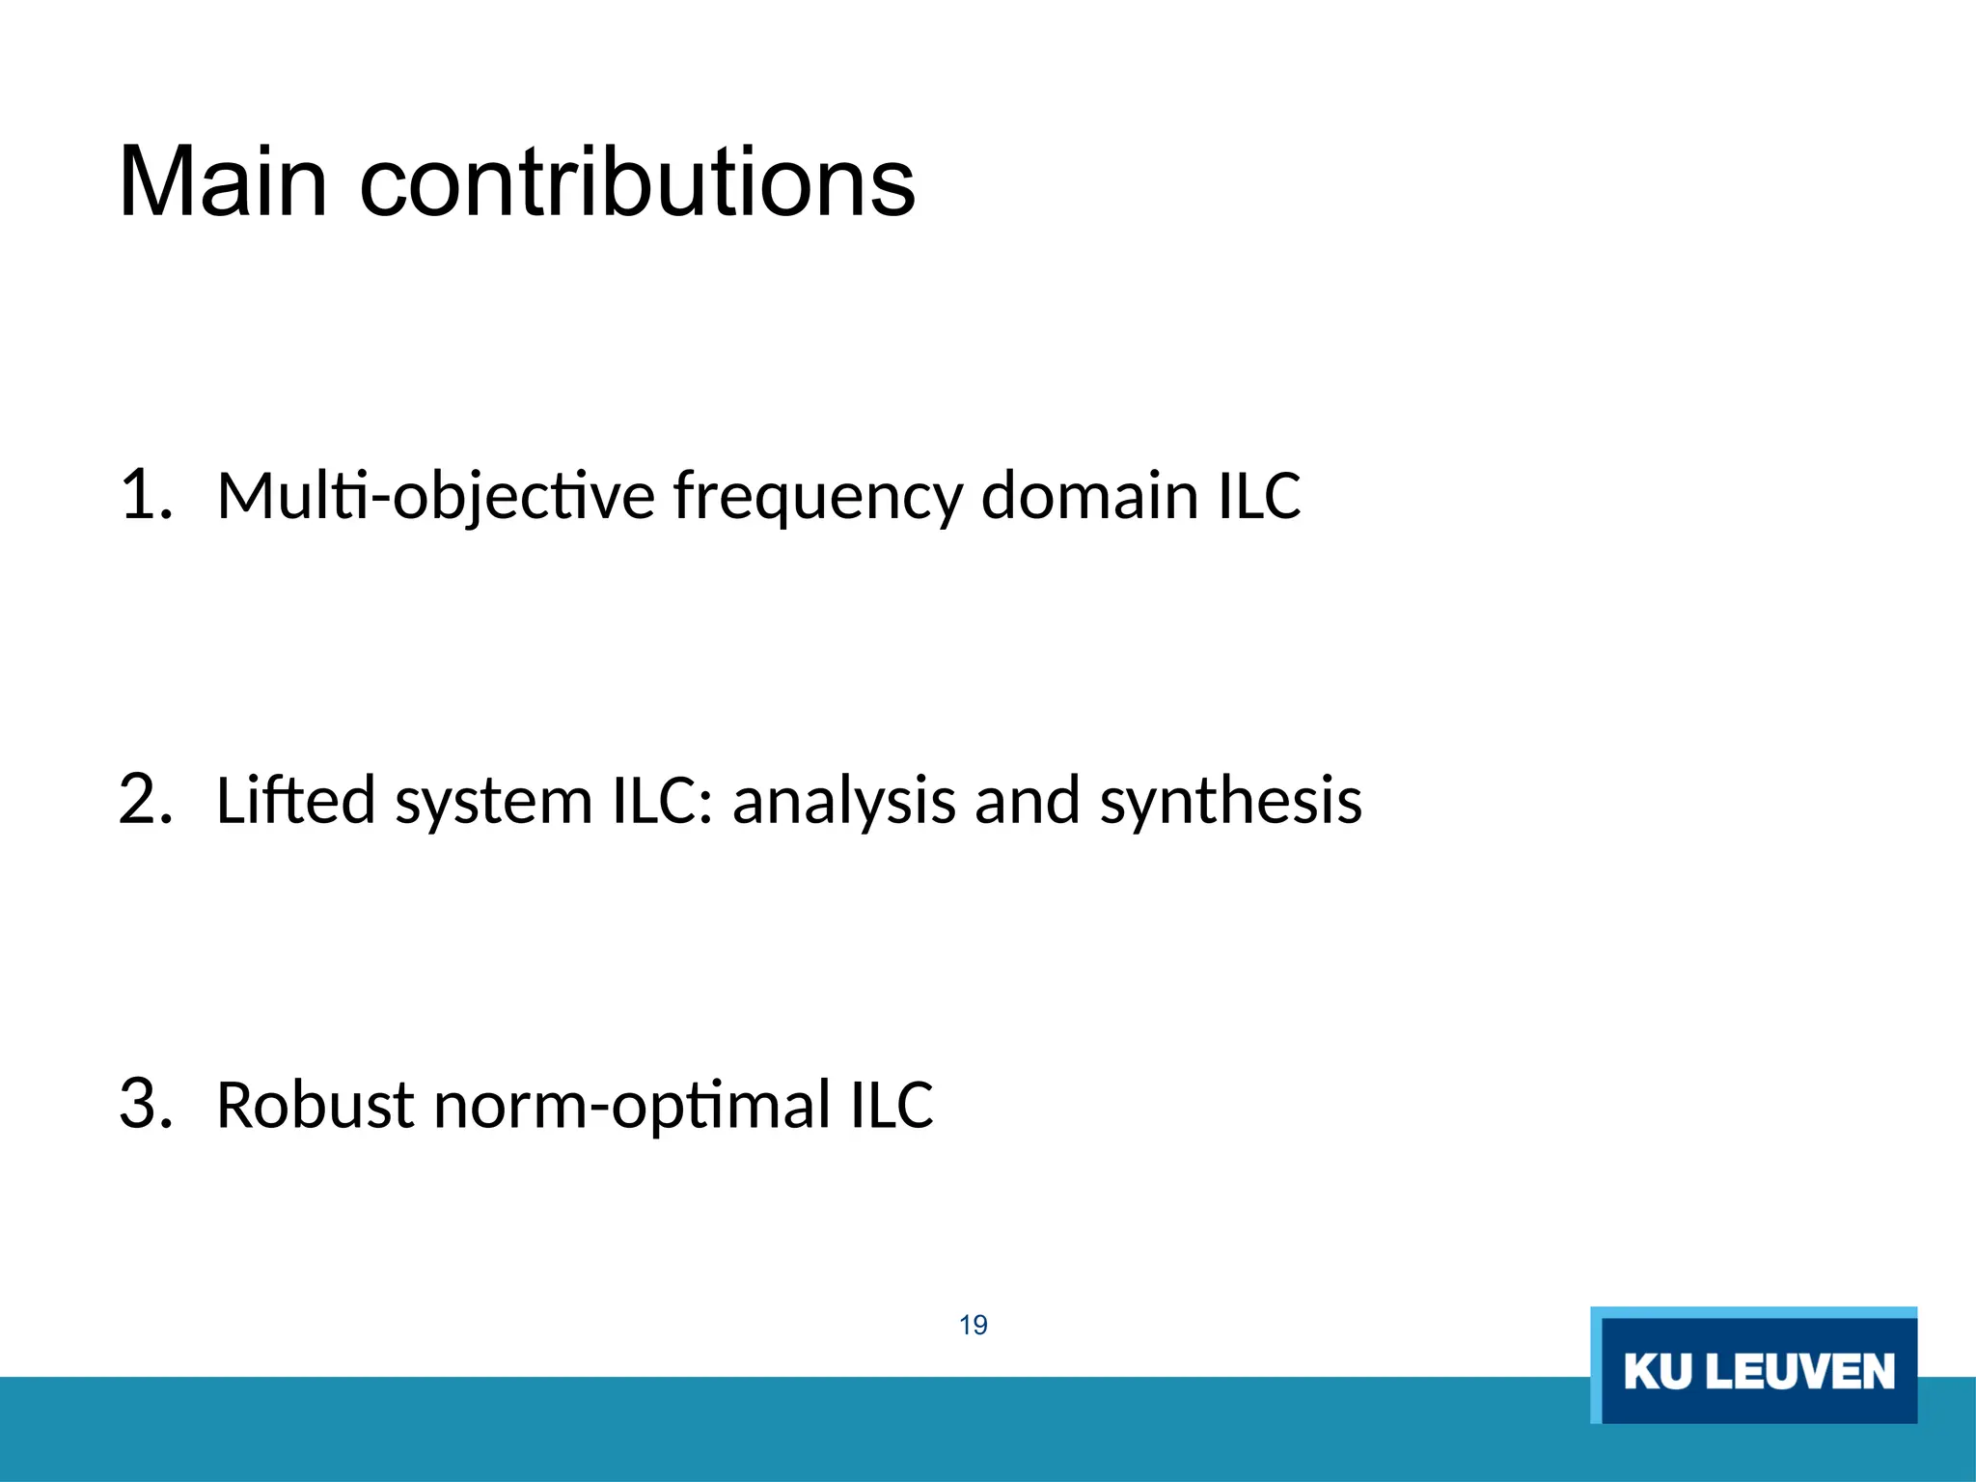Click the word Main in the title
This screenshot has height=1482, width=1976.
(x=223, y=182)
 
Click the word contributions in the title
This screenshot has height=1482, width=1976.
(x=637, y=182)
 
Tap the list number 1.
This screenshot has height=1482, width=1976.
(x=145, y=495)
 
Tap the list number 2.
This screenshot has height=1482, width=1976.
(x=145, y=800)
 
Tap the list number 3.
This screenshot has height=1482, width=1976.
(x=145, y=1104)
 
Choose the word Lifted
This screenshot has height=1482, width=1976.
(x=295, y=800)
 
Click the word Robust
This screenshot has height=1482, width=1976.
(x=316, y=1106)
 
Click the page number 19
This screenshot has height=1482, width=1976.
(x=974, y=1325)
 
